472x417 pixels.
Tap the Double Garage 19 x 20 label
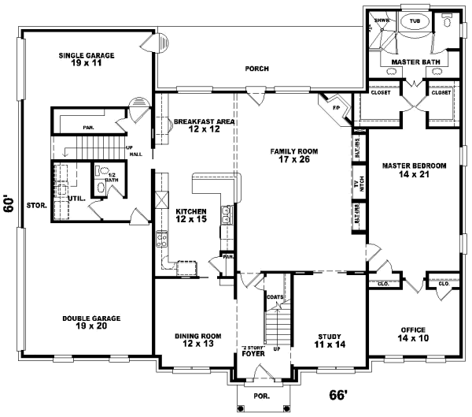click(91, 322)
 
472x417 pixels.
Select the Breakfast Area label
click(204, 125)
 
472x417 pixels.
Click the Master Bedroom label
click(415, 170)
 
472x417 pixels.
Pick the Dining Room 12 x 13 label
click(197, 340)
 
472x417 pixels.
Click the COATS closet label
click(275, 296)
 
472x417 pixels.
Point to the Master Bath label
click(409, 61)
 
